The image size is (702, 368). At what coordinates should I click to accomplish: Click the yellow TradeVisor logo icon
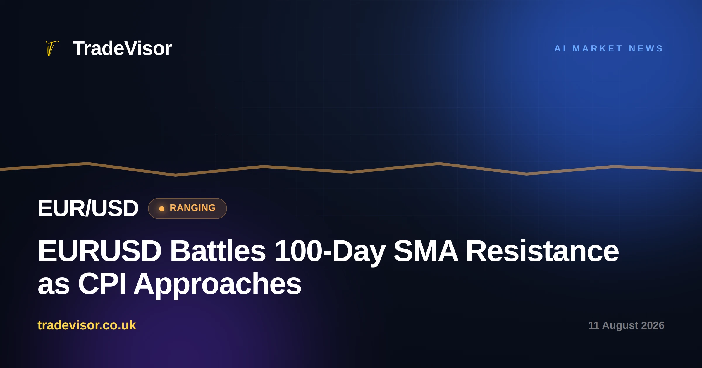(x=52, y=48)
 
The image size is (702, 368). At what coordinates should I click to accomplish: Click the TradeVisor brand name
(x=122, y=48)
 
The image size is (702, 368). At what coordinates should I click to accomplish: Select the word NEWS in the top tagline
(x=646, y=48)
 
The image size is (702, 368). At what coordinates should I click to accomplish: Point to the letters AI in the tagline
(x=560, y=48)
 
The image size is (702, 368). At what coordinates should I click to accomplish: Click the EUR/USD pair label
(x=88, y=208)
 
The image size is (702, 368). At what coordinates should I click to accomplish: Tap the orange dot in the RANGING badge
(x=162, y=209)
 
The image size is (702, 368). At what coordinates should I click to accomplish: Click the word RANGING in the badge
(x=192, y=208)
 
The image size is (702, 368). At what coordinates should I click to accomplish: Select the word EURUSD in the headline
(x=100, y=251)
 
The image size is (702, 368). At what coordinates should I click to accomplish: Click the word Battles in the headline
(x=218, y=251)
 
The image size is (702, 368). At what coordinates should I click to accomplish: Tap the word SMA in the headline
(x=426, y=251)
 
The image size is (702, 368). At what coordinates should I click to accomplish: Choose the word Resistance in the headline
(x=542, y=251)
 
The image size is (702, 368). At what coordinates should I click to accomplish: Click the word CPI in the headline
(x=102, y=284)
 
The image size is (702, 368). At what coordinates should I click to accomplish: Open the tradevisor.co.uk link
(x=87, y=325)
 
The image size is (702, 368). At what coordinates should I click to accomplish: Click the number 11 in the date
(x=593, y=325)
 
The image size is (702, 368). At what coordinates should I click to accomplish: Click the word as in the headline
(x=54, y=286)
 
